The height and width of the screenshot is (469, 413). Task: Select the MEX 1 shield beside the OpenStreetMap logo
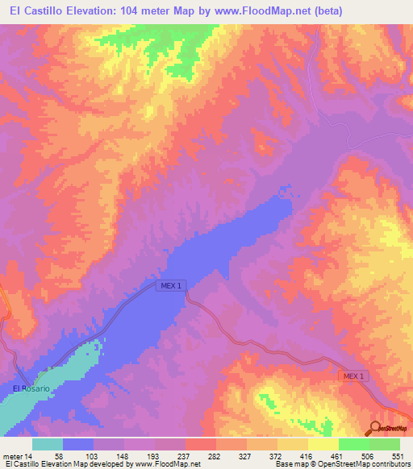[352, 376]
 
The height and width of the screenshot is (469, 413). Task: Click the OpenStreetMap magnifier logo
[376, 430]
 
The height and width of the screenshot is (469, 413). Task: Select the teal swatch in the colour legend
[48, 444]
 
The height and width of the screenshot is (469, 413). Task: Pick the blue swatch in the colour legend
[78, 444]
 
